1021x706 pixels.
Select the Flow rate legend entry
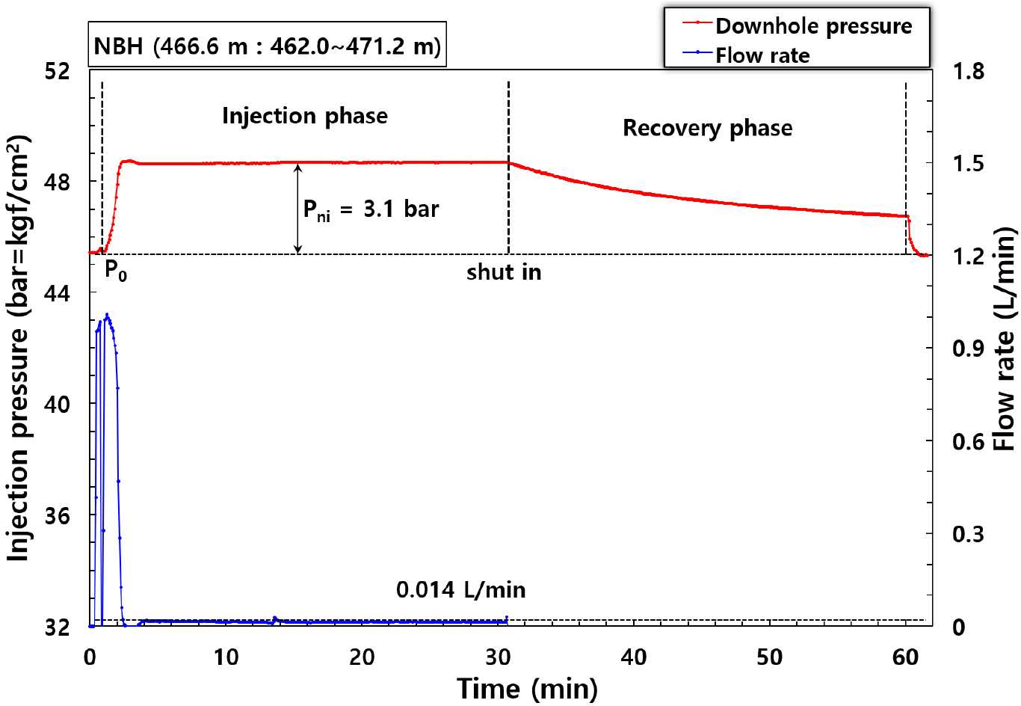(x=762, y=55)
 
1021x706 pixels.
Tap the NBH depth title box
(x=267, y=46)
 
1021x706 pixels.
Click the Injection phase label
(x=305, y=116)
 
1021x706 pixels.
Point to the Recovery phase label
(x=707, y=128)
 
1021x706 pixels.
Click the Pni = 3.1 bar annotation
(x=371, y=209)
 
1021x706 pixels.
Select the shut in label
(x=504, y=272)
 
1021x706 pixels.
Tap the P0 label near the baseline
(x=115, y=270)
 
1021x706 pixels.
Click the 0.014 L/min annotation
(x=460, y=590)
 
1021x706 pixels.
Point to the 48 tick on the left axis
(x=58, y=182)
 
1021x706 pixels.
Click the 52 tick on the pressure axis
(x=58, y=71)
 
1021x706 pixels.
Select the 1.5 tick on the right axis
(x=968, y=164)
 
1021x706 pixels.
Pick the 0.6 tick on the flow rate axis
(x=968, y=441)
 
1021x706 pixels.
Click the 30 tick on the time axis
(x=498, y=657)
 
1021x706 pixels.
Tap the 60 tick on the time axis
(x=905, y=657)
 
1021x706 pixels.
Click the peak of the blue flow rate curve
(x=107, y=315)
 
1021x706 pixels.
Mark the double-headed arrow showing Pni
(x=297, y=209)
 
